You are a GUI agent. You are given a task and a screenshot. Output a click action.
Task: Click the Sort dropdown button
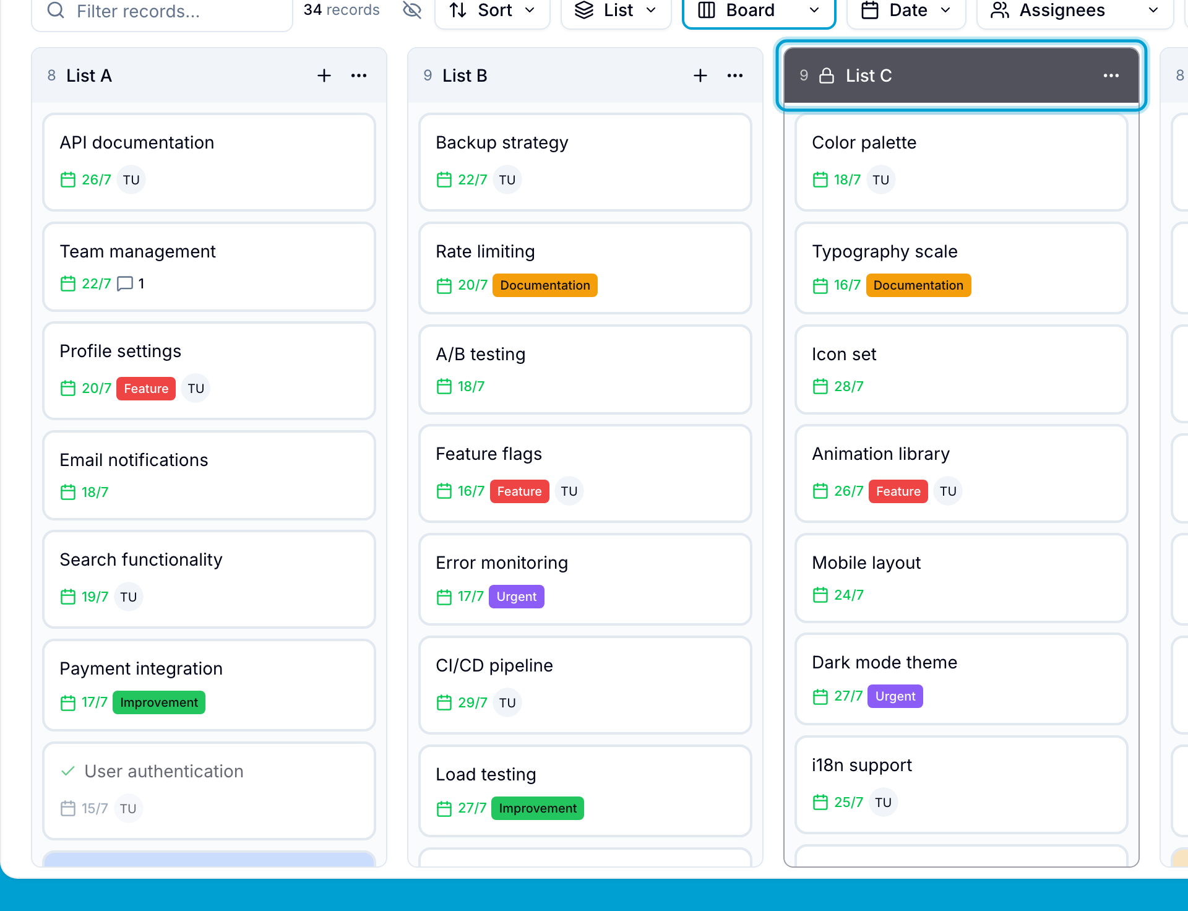tap(492, 11)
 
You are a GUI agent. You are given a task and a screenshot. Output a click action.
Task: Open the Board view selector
tap(759, 11)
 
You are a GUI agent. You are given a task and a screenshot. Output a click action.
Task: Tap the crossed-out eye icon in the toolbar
tap(411, 10)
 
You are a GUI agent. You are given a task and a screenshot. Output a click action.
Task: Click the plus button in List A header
tap(324, 76)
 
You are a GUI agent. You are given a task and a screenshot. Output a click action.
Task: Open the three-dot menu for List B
tap(735, 76)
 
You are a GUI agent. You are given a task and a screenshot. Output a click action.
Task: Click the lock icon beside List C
tap(827, 76)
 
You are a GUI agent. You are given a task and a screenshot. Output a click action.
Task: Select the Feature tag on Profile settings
tap(146, 389)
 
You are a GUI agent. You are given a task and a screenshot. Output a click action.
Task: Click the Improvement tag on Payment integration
tap(159, 702)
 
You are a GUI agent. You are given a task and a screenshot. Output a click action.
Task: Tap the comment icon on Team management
tap(125, 283)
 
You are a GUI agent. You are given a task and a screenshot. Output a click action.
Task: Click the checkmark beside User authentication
tap(68, 771)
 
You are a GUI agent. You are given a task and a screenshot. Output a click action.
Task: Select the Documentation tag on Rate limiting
tap(545, 285)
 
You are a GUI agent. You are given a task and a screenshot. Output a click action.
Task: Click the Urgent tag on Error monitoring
tap(517, 597)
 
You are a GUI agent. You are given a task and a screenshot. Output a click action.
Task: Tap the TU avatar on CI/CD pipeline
tap(507, 702)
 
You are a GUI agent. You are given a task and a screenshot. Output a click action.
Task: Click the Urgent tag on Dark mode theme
tap(895, 696)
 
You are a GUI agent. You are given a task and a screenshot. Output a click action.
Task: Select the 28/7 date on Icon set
tap(848, 386)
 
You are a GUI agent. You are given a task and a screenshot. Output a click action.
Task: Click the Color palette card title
tap(864, 142)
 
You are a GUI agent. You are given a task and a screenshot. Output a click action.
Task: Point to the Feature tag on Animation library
tap(898, 491)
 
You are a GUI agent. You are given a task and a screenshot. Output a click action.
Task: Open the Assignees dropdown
tap(1075, 11)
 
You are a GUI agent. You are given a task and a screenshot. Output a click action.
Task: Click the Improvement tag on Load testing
tap(538, 808)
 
